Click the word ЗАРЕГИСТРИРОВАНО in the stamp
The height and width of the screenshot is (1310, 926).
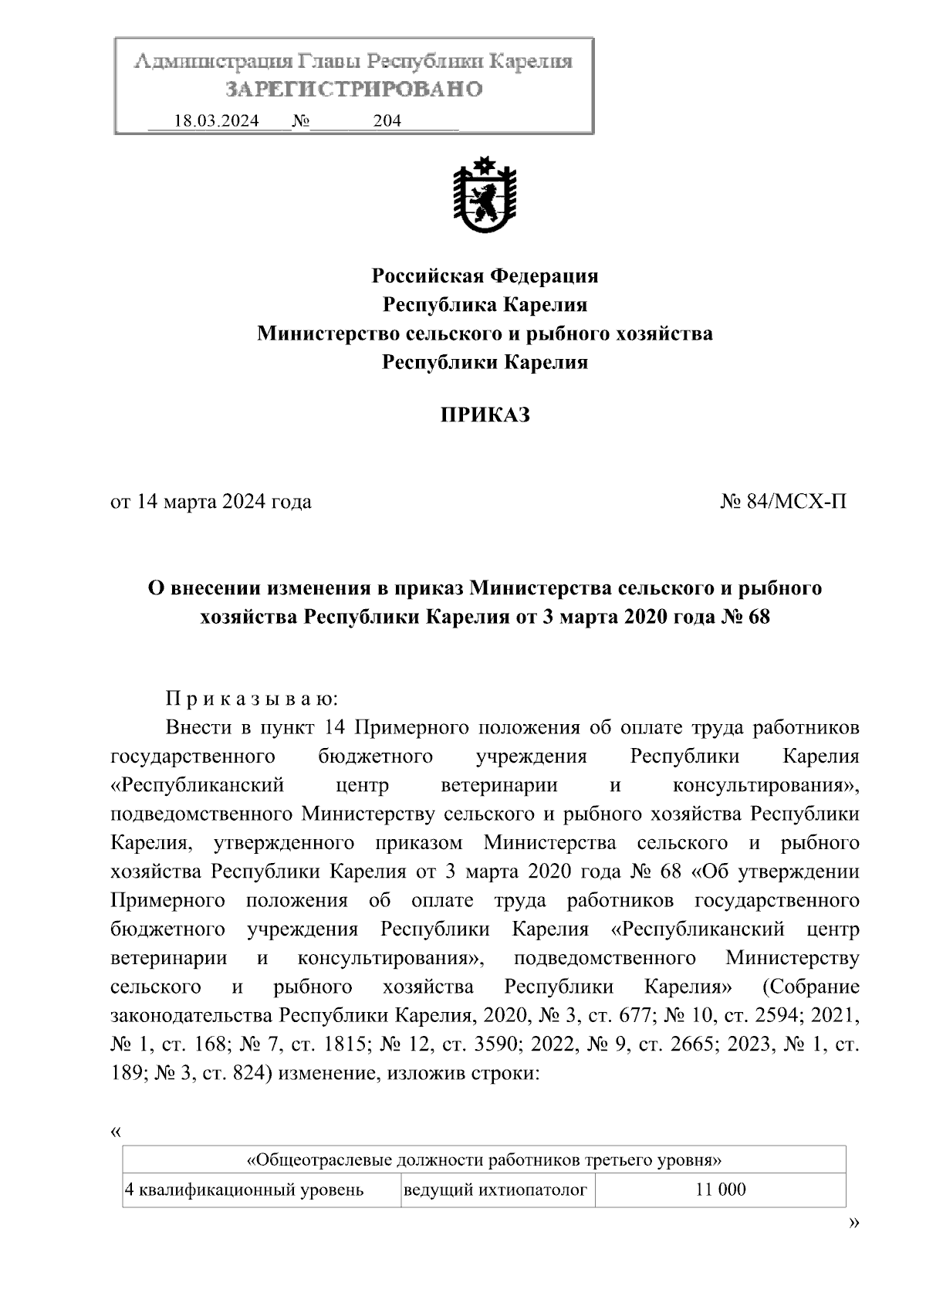[x=354, y=90]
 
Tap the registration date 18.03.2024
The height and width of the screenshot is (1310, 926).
[x=216, y=121]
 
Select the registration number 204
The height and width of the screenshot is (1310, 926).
[x=387, y=121]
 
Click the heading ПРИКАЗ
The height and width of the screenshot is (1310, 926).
[x=485, y=415]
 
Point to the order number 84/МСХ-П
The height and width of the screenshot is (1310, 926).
[x=783, y=502]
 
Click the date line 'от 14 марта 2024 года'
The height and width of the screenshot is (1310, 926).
[x=211, y=502]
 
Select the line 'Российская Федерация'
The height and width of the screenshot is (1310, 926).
[x=485, y=276]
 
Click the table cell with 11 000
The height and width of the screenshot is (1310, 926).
[x=720, y=1190]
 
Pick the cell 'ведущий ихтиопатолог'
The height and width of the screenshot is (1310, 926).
[x=495, y=1190]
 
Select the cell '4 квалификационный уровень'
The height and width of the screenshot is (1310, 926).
[x=245, y=1190]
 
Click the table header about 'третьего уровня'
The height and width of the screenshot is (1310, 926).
[x=484, y=1160]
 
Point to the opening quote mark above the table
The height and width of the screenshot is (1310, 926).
[x=116, y=1132]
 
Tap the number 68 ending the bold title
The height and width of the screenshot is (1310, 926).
[x=759, y=618]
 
